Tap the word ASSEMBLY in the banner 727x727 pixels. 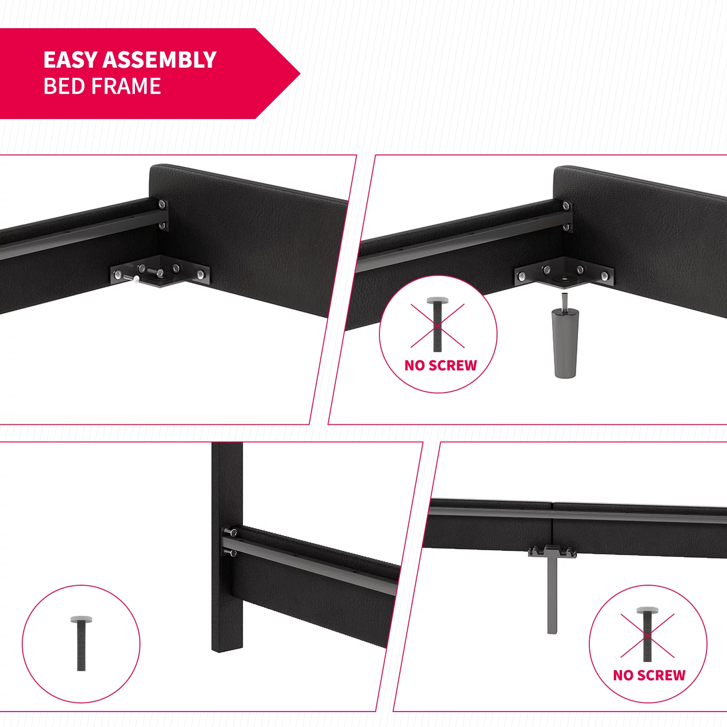(x=159, y=60)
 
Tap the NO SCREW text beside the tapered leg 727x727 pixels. (x=441, y=365)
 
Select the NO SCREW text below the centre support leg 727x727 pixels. (x=649, y=675)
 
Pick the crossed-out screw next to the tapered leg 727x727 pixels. (x=438, y=324)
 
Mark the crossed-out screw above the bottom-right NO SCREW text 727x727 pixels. (x=647, y=634)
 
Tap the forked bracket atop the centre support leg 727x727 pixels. (x=553, y=552)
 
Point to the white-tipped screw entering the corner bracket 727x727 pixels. (x=132, y=279)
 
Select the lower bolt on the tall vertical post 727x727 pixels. (x=230, y=553)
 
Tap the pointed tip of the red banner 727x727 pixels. (x=300, y=74)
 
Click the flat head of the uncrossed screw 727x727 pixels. (x=82, y=619)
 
